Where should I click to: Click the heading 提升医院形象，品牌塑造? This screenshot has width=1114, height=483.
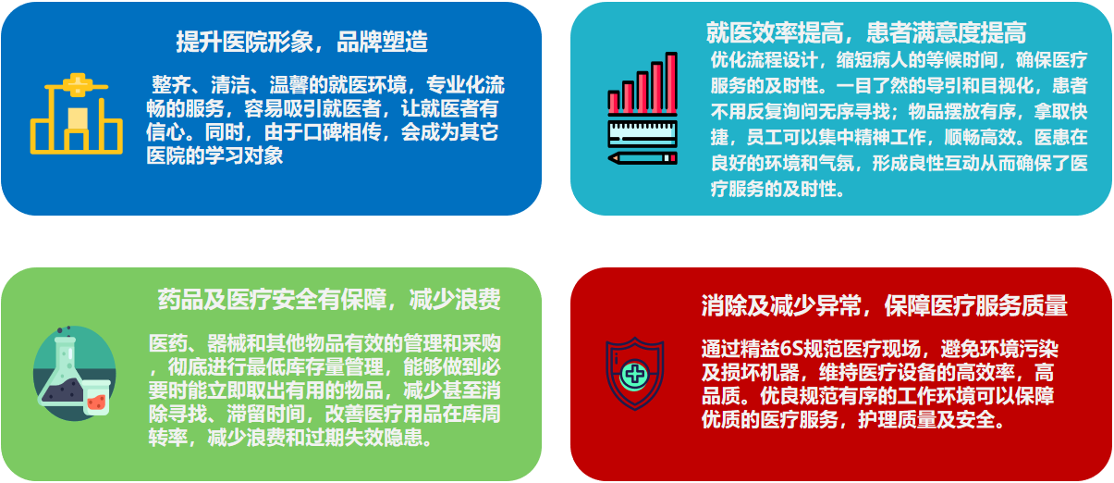[302, 42]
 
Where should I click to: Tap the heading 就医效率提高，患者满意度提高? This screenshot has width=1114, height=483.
[866, 33]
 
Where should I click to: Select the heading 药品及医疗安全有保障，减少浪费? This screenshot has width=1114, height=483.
[329, 299]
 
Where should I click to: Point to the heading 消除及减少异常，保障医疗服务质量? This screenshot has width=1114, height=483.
[884, 305]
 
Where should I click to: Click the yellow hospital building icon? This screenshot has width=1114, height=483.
[77, 114]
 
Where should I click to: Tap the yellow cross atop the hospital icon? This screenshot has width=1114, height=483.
[78, 84]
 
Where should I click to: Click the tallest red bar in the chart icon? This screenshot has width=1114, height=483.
[671, 82]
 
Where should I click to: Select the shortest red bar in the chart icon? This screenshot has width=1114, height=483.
[614, 102]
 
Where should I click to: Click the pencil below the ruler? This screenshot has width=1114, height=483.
[643, 158]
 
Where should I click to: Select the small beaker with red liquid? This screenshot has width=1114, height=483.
[96, 398]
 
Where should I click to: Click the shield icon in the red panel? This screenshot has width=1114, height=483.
[634, 374]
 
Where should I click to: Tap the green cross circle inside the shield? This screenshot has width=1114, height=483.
[634, 375]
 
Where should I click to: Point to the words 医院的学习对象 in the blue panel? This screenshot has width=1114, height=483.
[214, 155]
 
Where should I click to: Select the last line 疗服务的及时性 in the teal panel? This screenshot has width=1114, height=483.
[774, 189]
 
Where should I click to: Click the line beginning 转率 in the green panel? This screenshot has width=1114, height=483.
[290, 437]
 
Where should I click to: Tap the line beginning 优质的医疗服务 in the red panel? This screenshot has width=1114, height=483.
[853, 419]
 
